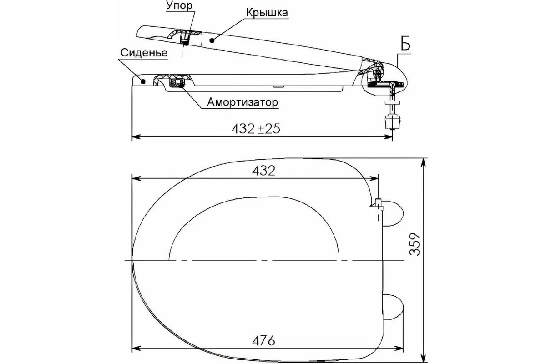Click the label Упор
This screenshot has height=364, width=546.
pos(179,5)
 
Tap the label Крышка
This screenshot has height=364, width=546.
pos(267,12)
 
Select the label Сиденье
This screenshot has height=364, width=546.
pos(144,53)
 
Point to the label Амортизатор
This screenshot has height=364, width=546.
pos(243,102)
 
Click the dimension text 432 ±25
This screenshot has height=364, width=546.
pos(256,128)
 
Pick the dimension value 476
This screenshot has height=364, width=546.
pos(263,341)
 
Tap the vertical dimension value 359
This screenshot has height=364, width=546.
pos(415,244)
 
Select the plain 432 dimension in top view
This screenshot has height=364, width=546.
pos(263,171)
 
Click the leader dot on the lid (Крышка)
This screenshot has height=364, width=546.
pos(212,40)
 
